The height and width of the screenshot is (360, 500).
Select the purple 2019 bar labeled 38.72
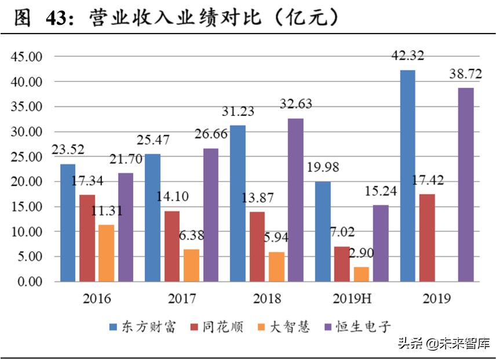point(465,184)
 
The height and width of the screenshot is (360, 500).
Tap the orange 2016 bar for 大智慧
point(106,253)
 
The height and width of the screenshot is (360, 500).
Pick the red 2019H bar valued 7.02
point(342,264)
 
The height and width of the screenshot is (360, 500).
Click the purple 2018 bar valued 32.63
point(295,200)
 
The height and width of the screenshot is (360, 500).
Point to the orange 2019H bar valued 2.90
point(361,274)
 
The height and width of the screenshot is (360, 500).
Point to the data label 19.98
point(323,168)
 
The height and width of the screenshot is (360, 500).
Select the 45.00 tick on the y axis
point(27,57)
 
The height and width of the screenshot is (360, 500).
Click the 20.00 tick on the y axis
point(27,181)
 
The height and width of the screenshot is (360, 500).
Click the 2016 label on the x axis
point(97,299)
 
